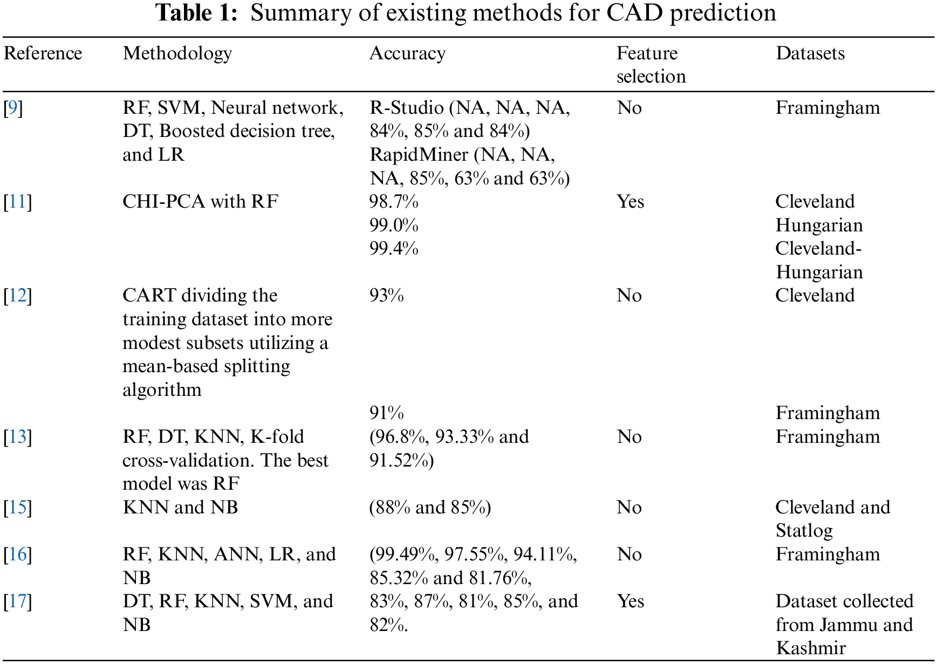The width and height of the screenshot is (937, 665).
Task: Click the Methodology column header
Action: click(177, 53)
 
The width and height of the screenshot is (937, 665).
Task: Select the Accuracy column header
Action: click(407, 53)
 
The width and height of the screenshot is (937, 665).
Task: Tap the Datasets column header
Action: click(810, 53)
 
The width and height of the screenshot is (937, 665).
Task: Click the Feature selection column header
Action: click(651, 65)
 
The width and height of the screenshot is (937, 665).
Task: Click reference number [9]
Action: click(13, 108)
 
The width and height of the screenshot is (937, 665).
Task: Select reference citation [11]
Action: click(17, 202)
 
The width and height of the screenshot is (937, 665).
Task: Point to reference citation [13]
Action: click(17, 437)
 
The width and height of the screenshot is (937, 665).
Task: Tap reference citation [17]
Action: click(17, 601)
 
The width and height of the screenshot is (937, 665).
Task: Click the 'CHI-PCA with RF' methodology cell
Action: click(200, 202)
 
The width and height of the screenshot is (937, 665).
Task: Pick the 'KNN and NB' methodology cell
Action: click(180, 508)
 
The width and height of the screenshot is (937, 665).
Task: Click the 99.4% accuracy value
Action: click(394, 249)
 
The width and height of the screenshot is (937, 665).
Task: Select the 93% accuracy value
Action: click(386, 296)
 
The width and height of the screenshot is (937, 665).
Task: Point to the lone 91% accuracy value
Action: click(386, 413)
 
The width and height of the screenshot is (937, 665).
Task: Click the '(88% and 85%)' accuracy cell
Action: click(430, 508)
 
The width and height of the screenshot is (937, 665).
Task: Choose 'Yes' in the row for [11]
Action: click(630, 202)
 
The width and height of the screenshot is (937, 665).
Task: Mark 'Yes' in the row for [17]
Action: click(630, 601)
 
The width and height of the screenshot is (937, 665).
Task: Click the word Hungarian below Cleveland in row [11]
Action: click(819, 225)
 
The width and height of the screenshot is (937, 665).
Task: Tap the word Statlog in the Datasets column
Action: click(804, 531)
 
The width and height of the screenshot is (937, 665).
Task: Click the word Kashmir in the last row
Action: click(810, 648)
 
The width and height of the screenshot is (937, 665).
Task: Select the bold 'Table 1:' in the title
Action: click(196, 13)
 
